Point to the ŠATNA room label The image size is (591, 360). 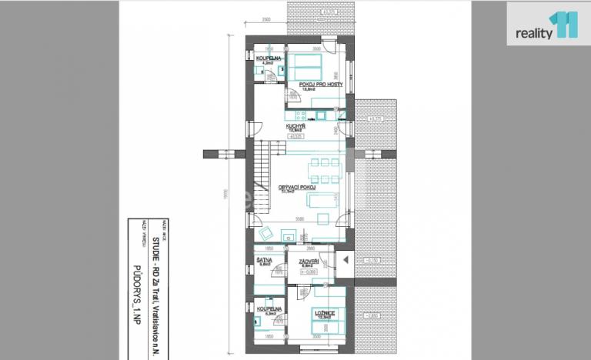(262, 262)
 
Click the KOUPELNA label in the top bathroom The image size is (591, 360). (269, 58)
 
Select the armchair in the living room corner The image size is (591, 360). (265, 232)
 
